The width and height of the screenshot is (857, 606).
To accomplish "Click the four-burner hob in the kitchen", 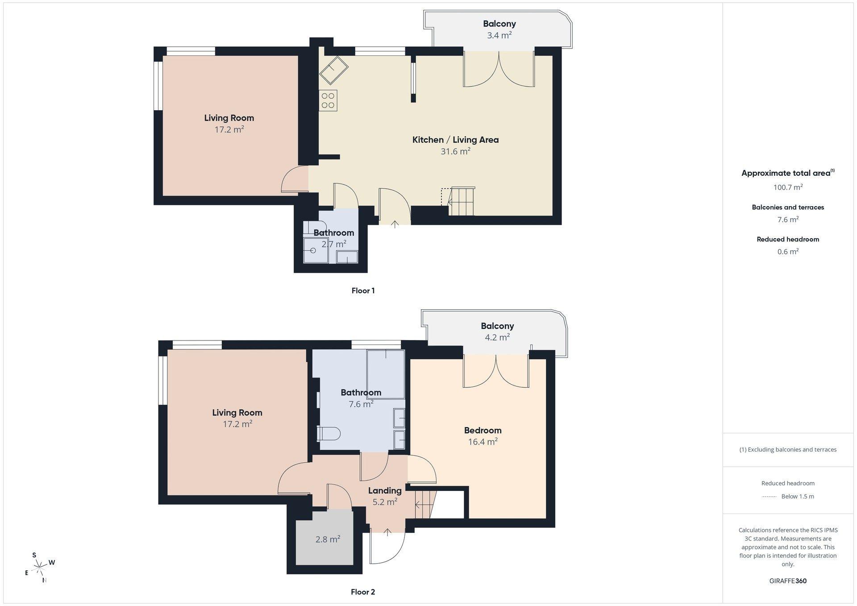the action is (x=328, y=100).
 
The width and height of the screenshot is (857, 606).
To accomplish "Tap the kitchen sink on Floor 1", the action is (x=334, y=70).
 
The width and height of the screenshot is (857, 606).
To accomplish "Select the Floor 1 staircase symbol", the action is (x=462, y=201).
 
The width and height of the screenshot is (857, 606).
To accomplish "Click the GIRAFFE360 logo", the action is (x=788, y=581).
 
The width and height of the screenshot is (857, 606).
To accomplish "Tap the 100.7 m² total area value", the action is (x=788, y=187).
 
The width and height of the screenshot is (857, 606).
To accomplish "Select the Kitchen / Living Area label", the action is (x=455, y=140).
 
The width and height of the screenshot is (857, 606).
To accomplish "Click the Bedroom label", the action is (x=483, y=430).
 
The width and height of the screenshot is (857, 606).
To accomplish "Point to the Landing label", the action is (x=385, y=490).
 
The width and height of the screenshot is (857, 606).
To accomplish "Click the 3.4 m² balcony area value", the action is (x=499, y=35).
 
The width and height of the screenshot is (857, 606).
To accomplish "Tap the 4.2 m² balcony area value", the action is (x=497, y=337).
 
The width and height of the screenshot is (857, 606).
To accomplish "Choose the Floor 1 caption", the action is (x=363, y=291).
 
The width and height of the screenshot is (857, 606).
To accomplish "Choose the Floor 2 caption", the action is (x=363, y=592).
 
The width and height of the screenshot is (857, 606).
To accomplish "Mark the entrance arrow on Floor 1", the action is (x=395, y=224).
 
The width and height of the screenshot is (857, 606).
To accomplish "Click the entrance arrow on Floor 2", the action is (x=387, y=531).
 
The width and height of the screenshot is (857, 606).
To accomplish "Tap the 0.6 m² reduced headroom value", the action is (x=788, y=252).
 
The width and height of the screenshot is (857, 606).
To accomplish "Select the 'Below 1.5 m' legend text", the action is (x=798, y=497).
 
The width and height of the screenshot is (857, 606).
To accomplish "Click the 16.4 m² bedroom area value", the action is (x=483, y=442).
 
